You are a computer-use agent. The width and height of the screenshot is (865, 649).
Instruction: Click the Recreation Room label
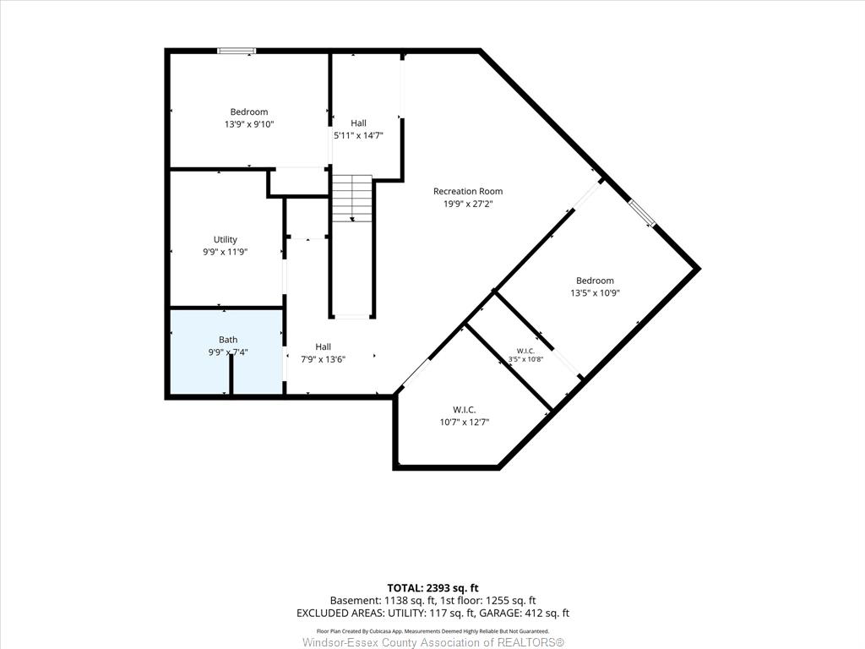click(468, 192)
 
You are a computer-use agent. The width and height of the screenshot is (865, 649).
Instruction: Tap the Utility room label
click(225, 239)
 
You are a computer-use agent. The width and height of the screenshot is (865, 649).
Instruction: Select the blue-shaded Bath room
click(226, 352)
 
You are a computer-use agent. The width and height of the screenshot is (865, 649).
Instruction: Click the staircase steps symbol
click(352, 199)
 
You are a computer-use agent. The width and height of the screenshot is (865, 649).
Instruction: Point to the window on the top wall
click(237, 51)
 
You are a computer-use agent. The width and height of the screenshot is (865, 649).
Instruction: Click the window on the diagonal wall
click(642, 214)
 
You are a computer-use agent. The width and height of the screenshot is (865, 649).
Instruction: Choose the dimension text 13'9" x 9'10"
click(249, 125)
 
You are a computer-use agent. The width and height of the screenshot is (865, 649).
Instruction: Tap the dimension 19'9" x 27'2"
click(468, 205)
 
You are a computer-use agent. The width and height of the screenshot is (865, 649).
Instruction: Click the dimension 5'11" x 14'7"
click(358, 135)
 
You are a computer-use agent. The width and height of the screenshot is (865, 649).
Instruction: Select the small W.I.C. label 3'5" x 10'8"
click(525, 359)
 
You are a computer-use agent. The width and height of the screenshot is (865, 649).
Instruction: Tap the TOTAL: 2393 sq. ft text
click(428, 588)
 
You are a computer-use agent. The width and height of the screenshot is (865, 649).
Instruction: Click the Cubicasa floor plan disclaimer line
click(433, 630)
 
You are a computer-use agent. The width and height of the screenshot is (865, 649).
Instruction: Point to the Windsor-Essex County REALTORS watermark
click(433, 642)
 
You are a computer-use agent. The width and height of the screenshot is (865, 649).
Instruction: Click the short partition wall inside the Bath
click(231, 374)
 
